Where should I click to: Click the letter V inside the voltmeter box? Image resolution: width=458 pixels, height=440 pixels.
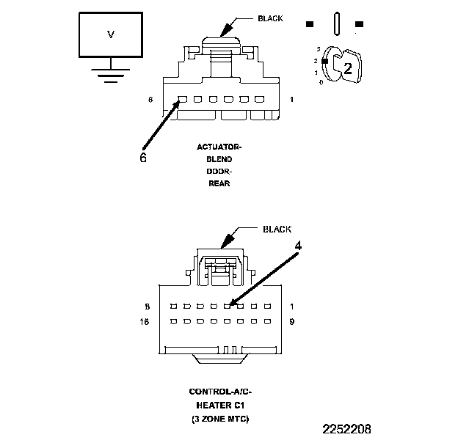coord(111,34)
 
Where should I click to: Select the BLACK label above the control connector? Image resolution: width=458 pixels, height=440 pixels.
coord(277,229)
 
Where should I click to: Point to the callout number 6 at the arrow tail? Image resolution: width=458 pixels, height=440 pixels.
coord(143,157)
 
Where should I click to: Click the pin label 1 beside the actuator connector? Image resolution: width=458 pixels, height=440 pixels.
coord(292,99)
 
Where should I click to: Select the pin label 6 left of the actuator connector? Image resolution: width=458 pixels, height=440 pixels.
coord(150,99)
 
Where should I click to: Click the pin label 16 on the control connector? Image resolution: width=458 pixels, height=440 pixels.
coord(147,321)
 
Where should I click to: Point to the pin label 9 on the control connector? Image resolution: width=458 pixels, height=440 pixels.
coord(292,321)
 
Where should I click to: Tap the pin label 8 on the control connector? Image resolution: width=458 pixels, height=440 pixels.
coord(148,306)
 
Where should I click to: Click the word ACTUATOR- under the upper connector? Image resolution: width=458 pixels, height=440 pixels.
coord(219,147)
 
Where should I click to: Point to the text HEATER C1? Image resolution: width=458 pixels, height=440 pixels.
coord(221,406)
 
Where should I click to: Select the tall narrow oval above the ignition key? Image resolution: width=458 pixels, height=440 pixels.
coord(335,23)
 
